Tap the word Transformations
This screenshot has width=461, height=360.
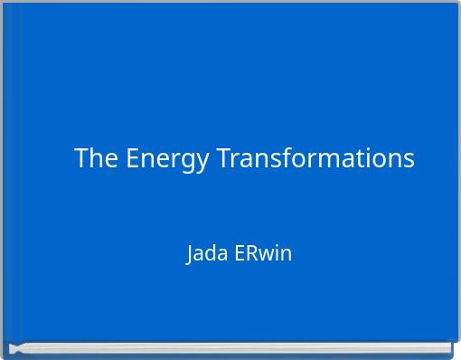[x=315, y=158]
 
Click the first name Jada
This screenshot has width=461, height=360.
[x=207, y=253]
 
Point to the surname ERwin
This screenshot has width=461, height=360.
[x=263, y=253]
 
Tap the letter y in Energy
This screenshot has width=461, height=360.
[x=204, y=162]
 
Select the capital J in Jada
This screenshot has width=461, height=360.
[x=190, y=254]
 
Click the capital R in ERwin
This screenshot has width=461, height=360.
[x=249, y=253]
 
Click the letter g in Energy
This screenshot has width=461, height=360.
[x=188, y=162]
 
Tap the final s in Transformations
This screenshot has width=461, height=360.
[x=409, y=160]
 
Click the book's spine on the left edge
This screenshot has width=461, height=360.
[x=5, y=172]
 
